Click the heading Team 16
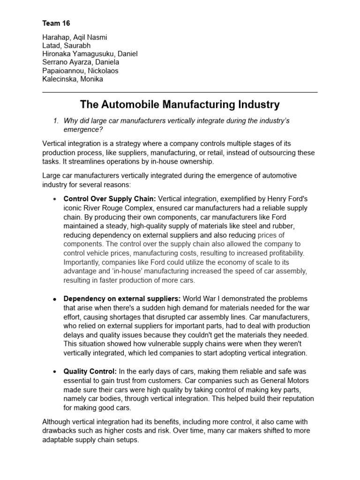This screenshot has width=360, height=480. coord(56,23)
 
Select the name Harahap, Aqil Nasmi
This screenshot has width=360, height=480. coord(78,37)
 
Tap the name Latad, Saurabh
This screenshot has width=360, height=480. coord(67,45)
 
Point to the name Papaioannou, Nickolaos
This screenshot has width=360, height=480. coord(80,71)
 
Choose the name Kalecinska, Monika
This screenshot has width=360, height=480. coord(72,79)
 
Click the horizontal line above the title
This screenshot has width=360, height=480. coord(180,92)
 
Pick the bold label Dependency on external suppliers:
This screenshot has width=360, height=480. coord(122,299)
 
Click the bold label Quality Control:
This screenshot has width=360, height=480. coord(90,371)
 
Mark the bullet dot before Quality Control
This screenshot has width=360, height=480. coord(55,372)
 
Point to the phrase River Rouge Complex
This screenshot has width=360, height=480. coord(122,208)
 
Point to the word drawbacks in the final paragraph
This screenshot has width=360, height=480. coord(59,430)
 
